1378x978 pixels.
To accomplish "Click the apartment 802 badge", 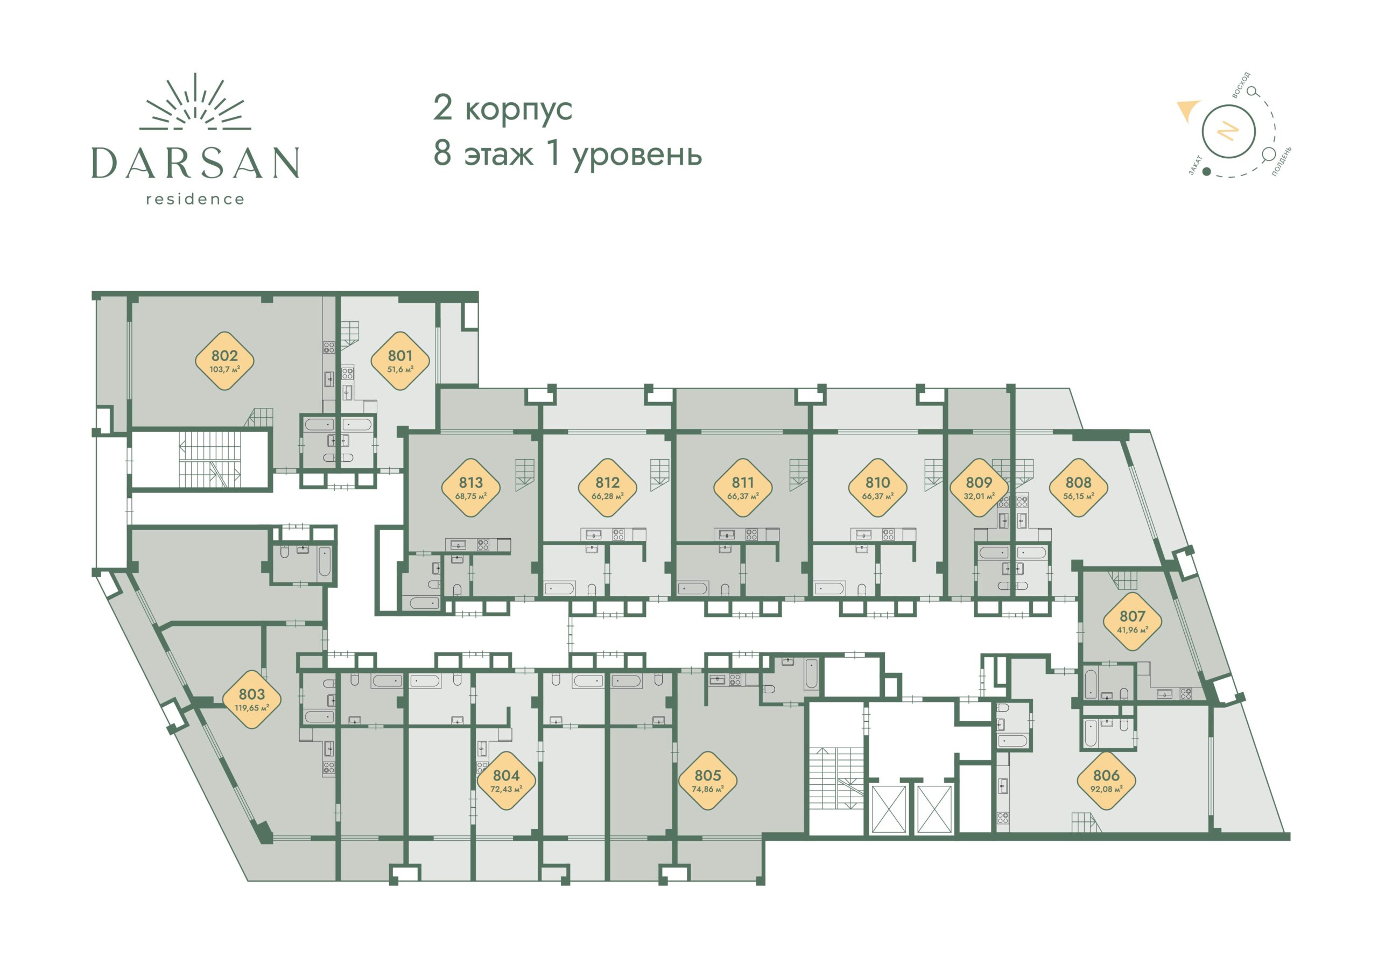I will pyautogui.click(x=224, y=361).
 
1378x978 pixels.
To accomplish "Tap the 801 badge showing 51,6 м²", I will pyautogui.click(x=400, y=361).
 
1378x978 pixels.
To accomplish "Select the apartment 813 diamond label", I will pyautogui.click(x=470, y=488).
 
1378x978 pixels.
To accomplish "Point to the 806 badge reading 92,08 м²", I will pyautogui.click(x=1106, y=780).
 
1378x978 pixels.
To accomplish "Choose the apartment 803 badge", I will pyautogui.click(x=251, y=699).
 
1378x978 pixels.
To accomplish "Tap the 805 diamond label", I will pyautogui.click(x=707, y=780).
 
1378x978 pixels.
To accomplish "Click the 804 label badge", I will pyautogui.click(x=506, y=780).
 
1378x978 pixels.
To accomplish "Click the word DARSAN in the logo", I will pyautogui.click(x=195, y=163).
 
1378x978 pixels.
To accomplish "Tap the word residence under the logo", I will pyautogui.click(x=195, y=199).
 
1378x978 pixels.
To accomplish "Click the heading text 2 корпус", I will pyautogui.click(x=502, y=108).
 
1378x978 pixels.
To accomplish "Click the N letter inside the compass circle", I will pyautogui.click(x=1227, y=131).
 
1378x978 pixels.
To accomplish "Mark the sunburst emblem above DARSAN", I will pyautogui.click(x=195, y=103).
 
